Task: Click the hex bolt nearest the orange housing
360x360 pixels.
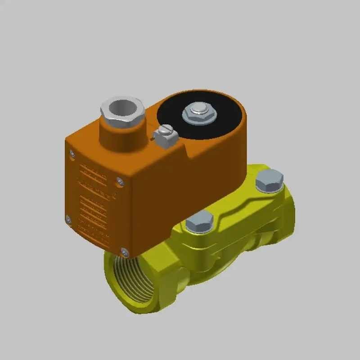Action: [199, 221]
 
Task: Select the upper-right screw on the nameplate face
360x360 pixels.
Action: [119, 181]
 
